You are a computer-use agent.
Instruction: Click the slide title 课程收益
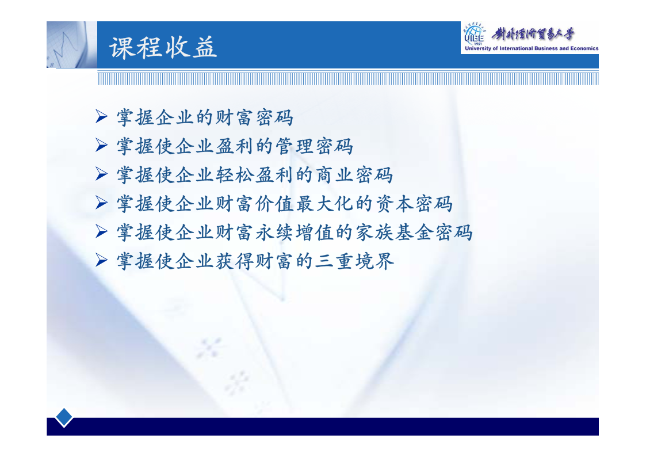tap(163, 47)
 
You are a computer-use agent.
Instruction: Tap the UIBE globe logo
tap(475, 35)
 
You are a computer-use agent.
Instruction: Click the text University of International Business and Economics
tap(532, 48)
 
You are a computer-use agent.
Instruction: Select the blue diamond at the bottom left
tap(64, 417)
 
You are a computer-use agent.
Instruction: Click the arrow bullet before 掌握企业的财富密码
tap(101, 117)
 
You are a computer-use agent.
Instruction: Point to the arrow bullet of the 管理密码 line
tap(101, 146)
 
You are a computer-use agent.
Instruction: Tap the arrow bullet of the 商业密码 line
tap(101, 174)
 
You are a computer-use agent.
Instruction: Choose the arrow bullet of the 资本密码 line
tap(101, 203)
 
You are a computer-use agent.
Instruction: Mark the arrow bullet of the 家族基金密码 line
tap(101, 231)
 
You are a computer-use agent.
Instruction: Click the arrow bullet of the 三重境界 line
tap(101, 260)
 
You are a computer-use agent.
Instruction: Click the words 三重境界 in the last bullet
tap(354, 261)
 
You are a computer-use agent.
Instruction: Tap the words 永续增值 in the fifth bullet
tap(295, 233)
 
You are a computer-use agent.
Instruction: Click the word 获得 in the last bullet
tap(235, 261)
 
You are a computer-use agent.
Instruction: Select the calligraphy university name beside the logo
tap(533, 34)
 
